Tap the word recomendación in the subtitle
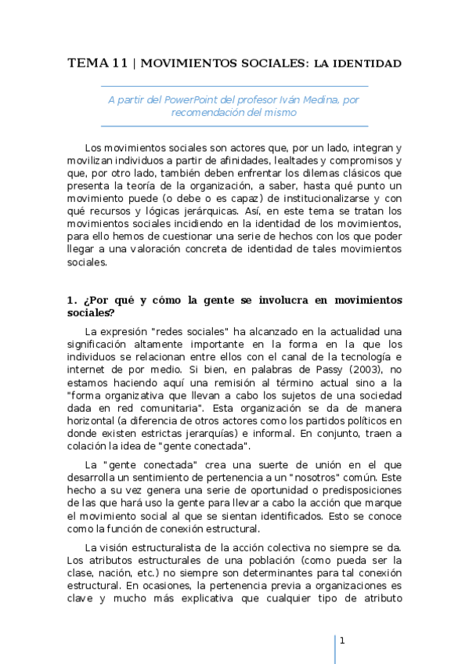[x=208, y=112]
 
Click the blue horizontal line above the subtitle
[x=234, y=86]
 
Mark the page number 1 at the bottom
[x=342, y=641]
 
